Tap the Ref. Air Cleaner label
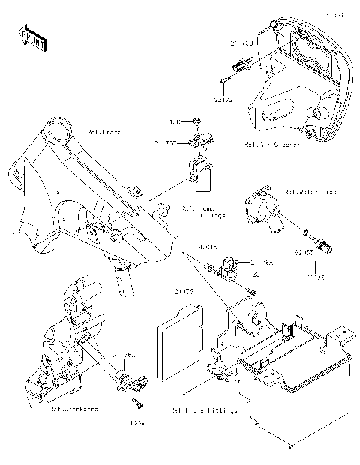coord(266,144)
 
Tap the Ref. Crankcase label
coord(73,409)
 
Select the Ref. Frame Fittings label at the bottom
coord(203,410)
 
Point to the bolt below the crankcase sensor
coord(137,405)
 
